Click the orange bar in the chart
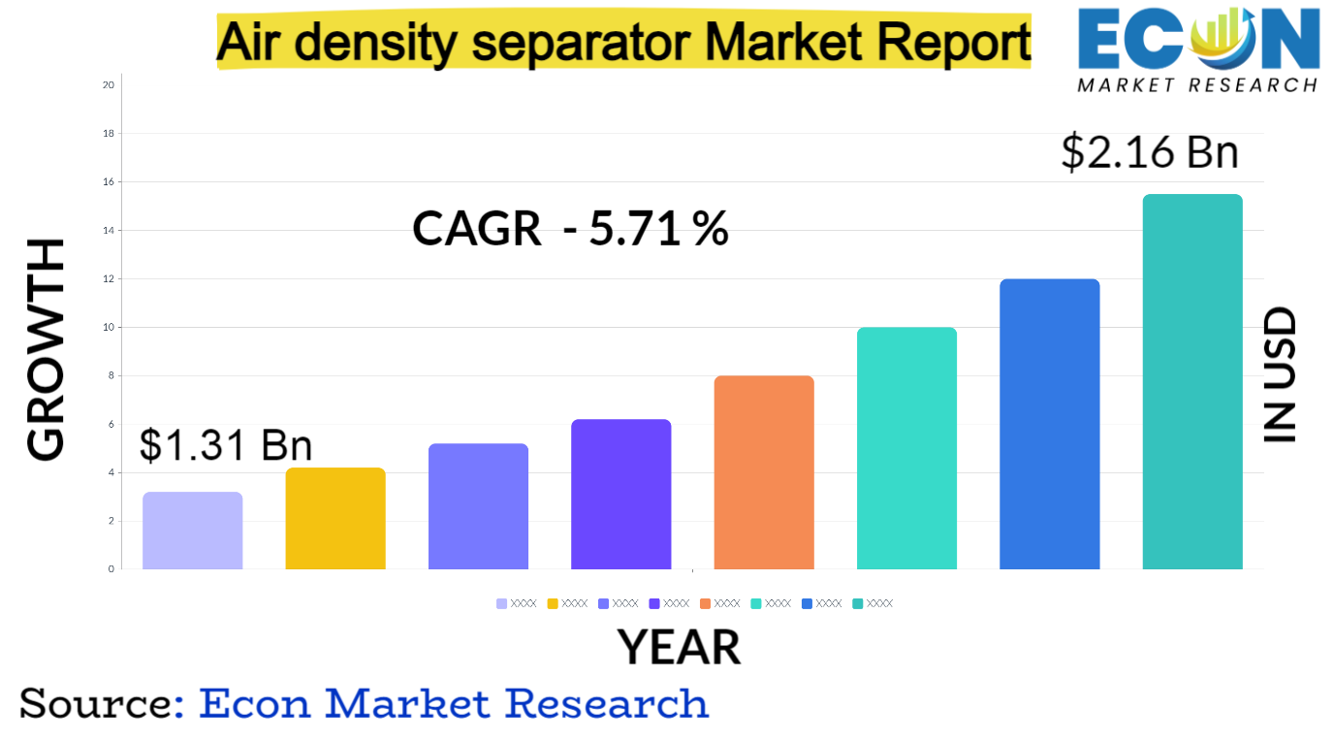pyautogui.click(x=764, y=472)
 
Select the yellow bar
pyautogui.click(x=335, y=519)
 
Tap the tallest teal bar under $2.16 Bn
pyautogui.click(x=1192, y=382)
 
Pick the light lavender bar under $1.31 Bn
pyautogui.click(x=193, y=531)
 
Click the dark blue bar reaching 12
pyautogui.click(x=1050, y=424)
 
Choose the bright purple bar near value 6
pyautogui.click(x=621, y=495)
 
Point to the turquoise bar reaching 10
pyautogui.click(x=906, y=448)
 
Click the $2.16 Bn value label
pyautogui.click(x=1150, y=153)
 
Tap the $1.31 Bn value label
pyautogui.click(x=226, y=444)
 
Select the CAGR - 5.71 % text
pyautogui.click(x=570, y=229)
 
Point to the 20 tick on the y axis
pyautogui.click(x=109, y=85)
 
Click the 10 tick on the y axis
pyautogui.click(x=109, y=328)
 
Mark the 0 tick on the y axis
pyautogui.click(x=111, y=569)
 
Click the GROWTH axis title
pyautogui.click(x=46, y=349)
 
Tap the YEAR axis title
pyautogui.click(x=679, y=647)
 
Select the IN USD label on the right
pyautogui.click(x=1280, y=376)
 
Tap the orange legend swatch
pyautogui.click(x=706, y=603)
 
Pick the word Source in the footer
pyautogui.click(x=96, y=703)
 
